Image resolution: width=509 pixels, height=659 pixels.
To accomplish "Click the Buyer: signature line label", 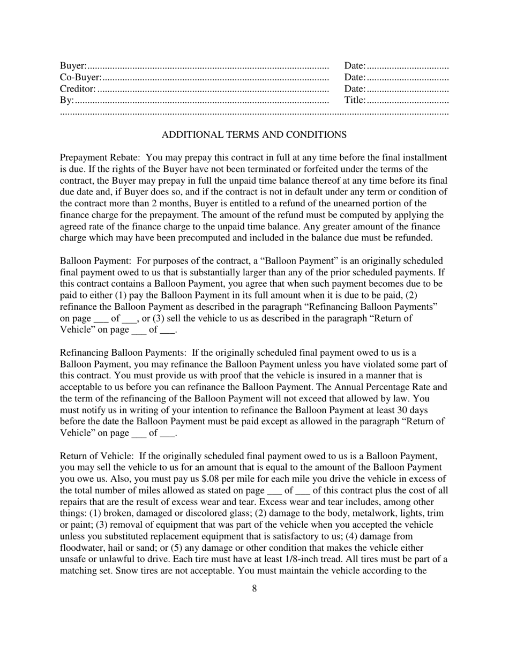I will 73,66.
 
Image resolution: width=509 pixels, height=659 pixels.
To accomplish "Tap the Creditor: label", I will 78,89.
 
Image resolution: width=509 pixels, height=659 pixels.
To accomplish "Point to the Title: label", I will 355,100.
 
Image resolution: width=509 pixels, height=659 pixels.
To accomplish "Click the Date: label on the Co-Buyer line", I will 355,78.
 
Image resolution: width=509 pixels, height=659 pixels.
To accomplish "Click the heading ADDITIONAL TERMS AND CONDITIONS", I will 254,135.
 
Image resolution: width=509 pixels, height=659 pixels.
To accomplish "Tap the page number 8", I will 254,589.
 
